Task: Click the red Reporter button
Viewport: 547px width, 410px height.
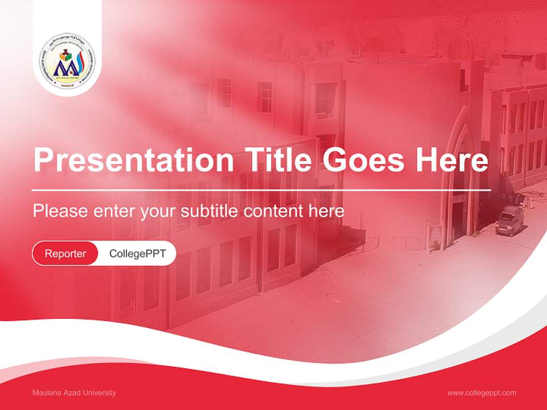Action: (x=66, y=253)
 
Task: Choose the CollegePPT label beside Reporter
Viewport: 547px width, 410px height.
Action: (x=137, y=253)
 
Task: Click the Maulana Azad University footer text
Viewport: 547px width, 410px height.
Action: (x=74, y=393)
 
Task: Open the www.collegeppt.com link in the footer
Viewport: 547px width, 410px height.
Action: (x=481, y=393)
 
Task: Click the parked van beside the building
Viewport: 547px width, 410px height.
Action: (x=509, y=220)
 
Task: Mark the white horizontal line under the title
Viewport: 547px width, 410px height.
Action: (x=262, y=190)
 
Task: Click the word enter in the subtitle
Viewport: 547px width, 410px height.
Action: (x=113, y=211)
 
